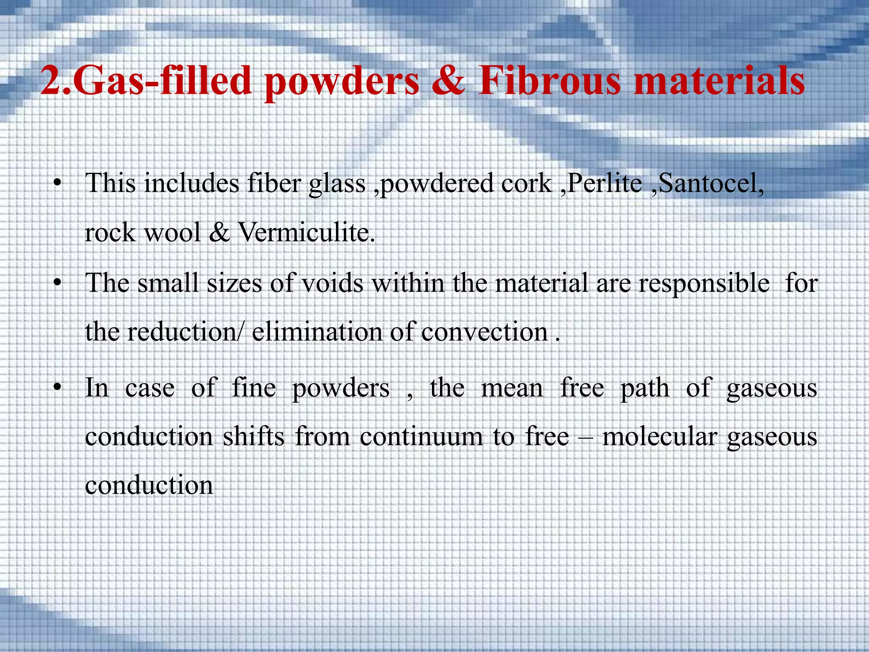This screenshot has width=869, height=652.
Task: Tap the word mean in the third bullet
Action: [512, 388]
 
